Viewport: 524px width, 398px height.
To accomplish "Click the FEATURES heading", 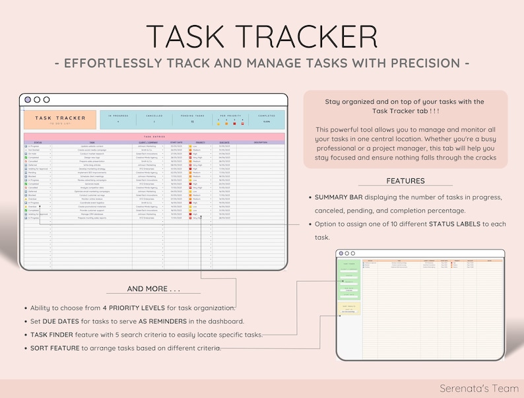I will [405, 181].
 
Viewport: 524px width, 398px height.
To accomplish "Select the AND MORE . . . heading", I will [154, 289].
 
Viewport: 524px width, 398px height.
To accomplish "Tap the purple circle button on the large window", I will [27, 100].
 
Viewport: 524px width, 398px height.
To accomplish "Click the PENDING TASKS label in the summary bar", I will [193, 116].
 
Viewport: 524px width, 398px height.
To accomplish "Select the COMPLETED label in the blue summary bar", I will [266, 116].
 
